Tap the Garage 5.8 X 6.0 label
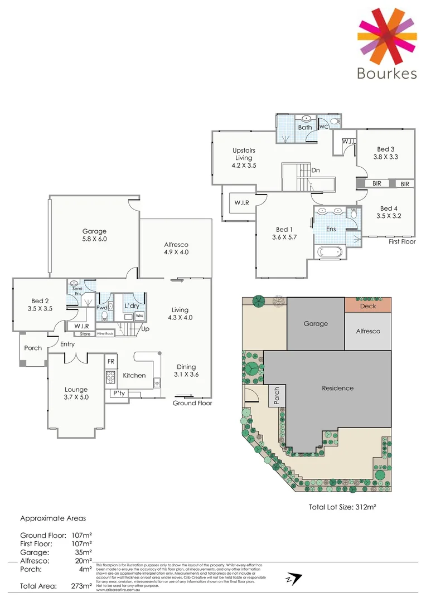point(94,235)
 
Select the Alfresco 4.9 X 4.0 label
point(176,248)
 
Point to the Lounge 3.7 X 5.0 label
point(76,393)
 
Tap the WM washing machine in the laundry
point(139,316)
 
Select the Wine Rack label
point(105,334)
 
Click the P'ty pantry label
point(118,393)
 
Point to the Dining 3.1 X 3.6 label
point(186,371)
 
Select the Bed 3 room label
point(385,153)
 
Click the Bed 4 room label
point(388,211)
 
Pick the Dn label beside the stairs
point(316,171)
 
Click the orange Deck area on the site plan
point(367,305)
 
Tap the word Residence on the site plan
point(337,388)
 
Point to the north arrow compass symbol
point(293,579)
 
